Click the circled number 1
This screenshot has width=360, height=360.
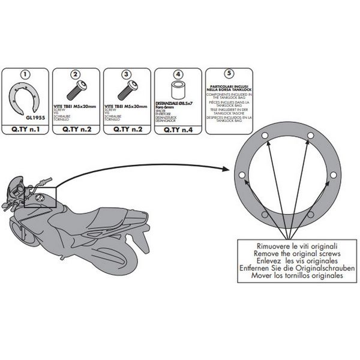pos(26,75)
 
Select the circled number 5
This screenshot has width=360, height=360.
pos(229,75)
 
